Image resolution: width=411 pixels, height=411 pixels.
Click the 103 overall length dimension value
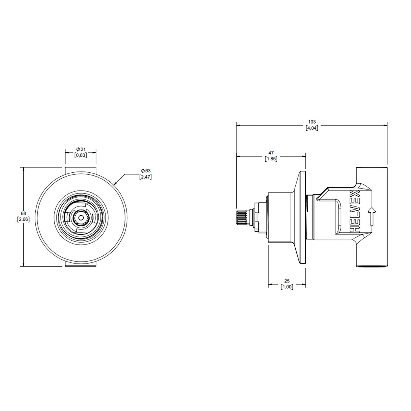point(312,122)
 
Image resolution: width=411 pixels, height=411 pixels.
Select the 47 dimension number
point(271,153)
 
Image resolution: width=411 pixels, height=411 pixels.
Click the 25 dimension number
point(287,281)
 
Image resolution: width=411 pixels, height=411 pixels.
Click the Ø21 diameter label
point(81,149)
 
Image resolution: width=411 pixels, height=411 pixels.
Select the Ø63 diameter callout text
point(145,171)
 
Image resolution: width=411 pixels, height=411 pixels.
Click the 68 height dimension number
point(23,213)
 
